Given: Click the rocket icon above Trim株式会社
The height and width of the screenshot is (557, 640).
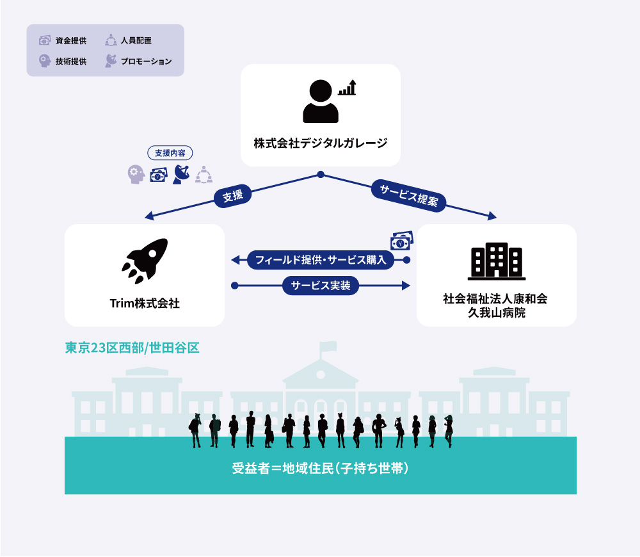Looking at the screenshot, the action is [x=145, y=261].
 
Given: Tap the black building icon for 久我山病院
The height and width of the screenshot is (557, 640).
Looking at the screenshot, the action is [x=497, y=261].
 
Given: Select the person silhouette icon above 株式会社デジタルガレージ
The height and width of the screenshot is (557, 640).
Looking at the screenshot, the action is [x=321, y=101].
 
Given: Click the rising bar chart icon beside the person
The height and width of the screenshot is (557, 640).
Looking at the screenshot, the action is [x=348, y=87].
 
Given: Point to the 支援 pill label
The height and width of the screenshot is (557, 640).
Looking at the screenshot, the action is [x=233, y=196].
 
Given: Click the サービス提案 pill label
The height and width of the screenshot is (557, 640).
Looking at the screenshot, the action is [x=408, y=195].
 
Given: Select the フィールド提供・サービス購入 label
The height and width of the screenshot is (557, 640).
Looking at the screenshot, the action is [x=321, y=260].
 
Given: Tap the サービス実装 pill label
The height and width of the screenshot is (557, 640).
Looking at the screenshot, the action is [x=321, y=286].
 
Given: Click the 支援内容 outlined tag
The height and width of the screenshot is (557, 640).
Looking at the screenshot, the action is [x=170, y=153].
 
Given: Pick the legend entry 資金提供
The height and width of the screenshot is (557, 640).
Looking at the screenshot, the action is [x=63, y=40].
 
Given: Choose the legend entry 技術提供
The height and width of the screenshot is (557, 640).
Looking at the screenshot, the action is [x=63, y=61].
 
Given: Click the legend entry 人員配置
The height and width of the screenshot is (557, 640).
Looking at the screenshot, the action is [x=128, y=40].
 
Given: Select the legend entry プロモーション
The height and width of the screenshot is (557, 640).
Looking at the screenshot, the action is [x=138, y=61].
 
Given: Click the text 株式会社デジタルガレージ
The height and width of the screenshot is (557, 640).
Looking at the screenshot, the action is [x=321, y=143].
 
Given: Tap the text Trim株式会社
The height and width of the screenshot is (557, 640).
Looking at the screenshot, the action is [x=145, y=303].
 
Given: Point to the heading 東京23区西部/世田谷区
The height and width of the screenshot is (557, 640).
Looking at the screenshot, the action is [x=132, y=348].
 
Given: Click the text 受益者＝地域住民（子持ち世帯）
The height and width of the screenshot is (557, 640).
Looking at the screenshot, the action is [x=321, y=468].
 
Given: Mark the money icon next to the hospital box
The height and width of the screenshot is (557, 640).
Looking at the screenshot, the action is [x=402, y=241].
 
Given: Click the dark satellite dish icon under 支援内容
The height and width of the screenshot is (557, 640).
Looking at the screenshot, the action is [x=181, y=174].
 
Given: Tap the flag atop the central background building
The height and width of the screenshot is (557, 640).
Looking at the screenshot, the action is [x=328, y=347].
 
